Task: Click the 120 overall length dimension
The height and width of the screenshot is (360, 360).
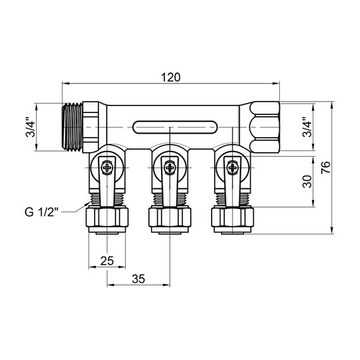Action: coord(171,77)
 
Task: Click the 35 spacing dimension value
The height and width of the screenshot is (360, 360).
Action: coord(139,279)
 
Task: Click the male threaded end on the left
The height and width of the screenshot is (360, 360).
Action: coord(74,127)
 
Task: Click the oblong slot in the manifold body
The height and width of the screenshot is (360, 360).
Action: coord(171,127)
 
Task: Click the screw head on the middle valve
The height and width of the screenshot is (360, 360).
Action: coord(170,167)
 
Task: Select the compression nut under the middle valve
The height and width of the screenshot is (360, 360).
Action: coord(170,219)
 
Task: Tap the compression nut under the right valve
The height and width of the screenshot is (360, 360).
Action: coord(234,219)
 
